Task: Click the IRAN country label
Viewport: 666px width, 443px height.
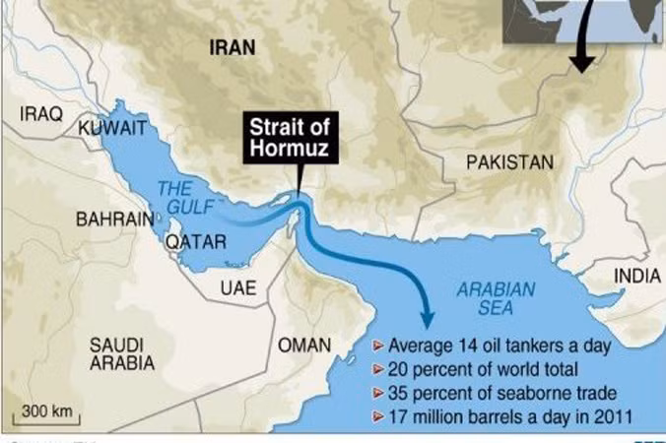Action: pyautogui.click(x=233, y=46)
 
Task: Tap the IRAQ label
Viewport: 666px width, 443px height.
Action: pyautogui.click(x=41, y=114)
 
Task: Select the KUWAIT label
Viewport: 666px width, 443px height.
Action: pyautogui.click(x=112, y=128)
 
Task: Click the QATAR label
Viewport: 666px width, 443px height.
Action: pyautogui.click(x=196, y=241)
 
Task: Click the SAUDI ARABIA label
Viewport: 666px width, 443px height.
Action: pyautogui.click(x=122, y=353)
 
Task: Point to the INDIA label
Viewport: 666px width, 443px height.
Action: pyautogui.click(x=637, y=277)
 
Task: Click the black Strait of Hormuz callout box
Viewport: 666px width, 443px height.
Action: pyautogui.click(x=293, y=137)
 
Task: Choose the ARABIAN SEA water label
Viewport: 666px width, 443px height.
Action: pyautogui.click(x=497, y=299)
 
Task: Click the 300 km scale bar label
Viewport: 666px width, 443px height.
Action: pyautogui.click(x=46, y=409)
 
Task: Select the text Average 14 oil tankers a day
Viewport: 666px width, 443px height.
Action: pyautogui.click(x=500, y=346)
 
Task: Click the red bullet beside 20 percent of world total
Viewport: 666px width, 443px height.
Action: pyautogui.click(x=378, y=369)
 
